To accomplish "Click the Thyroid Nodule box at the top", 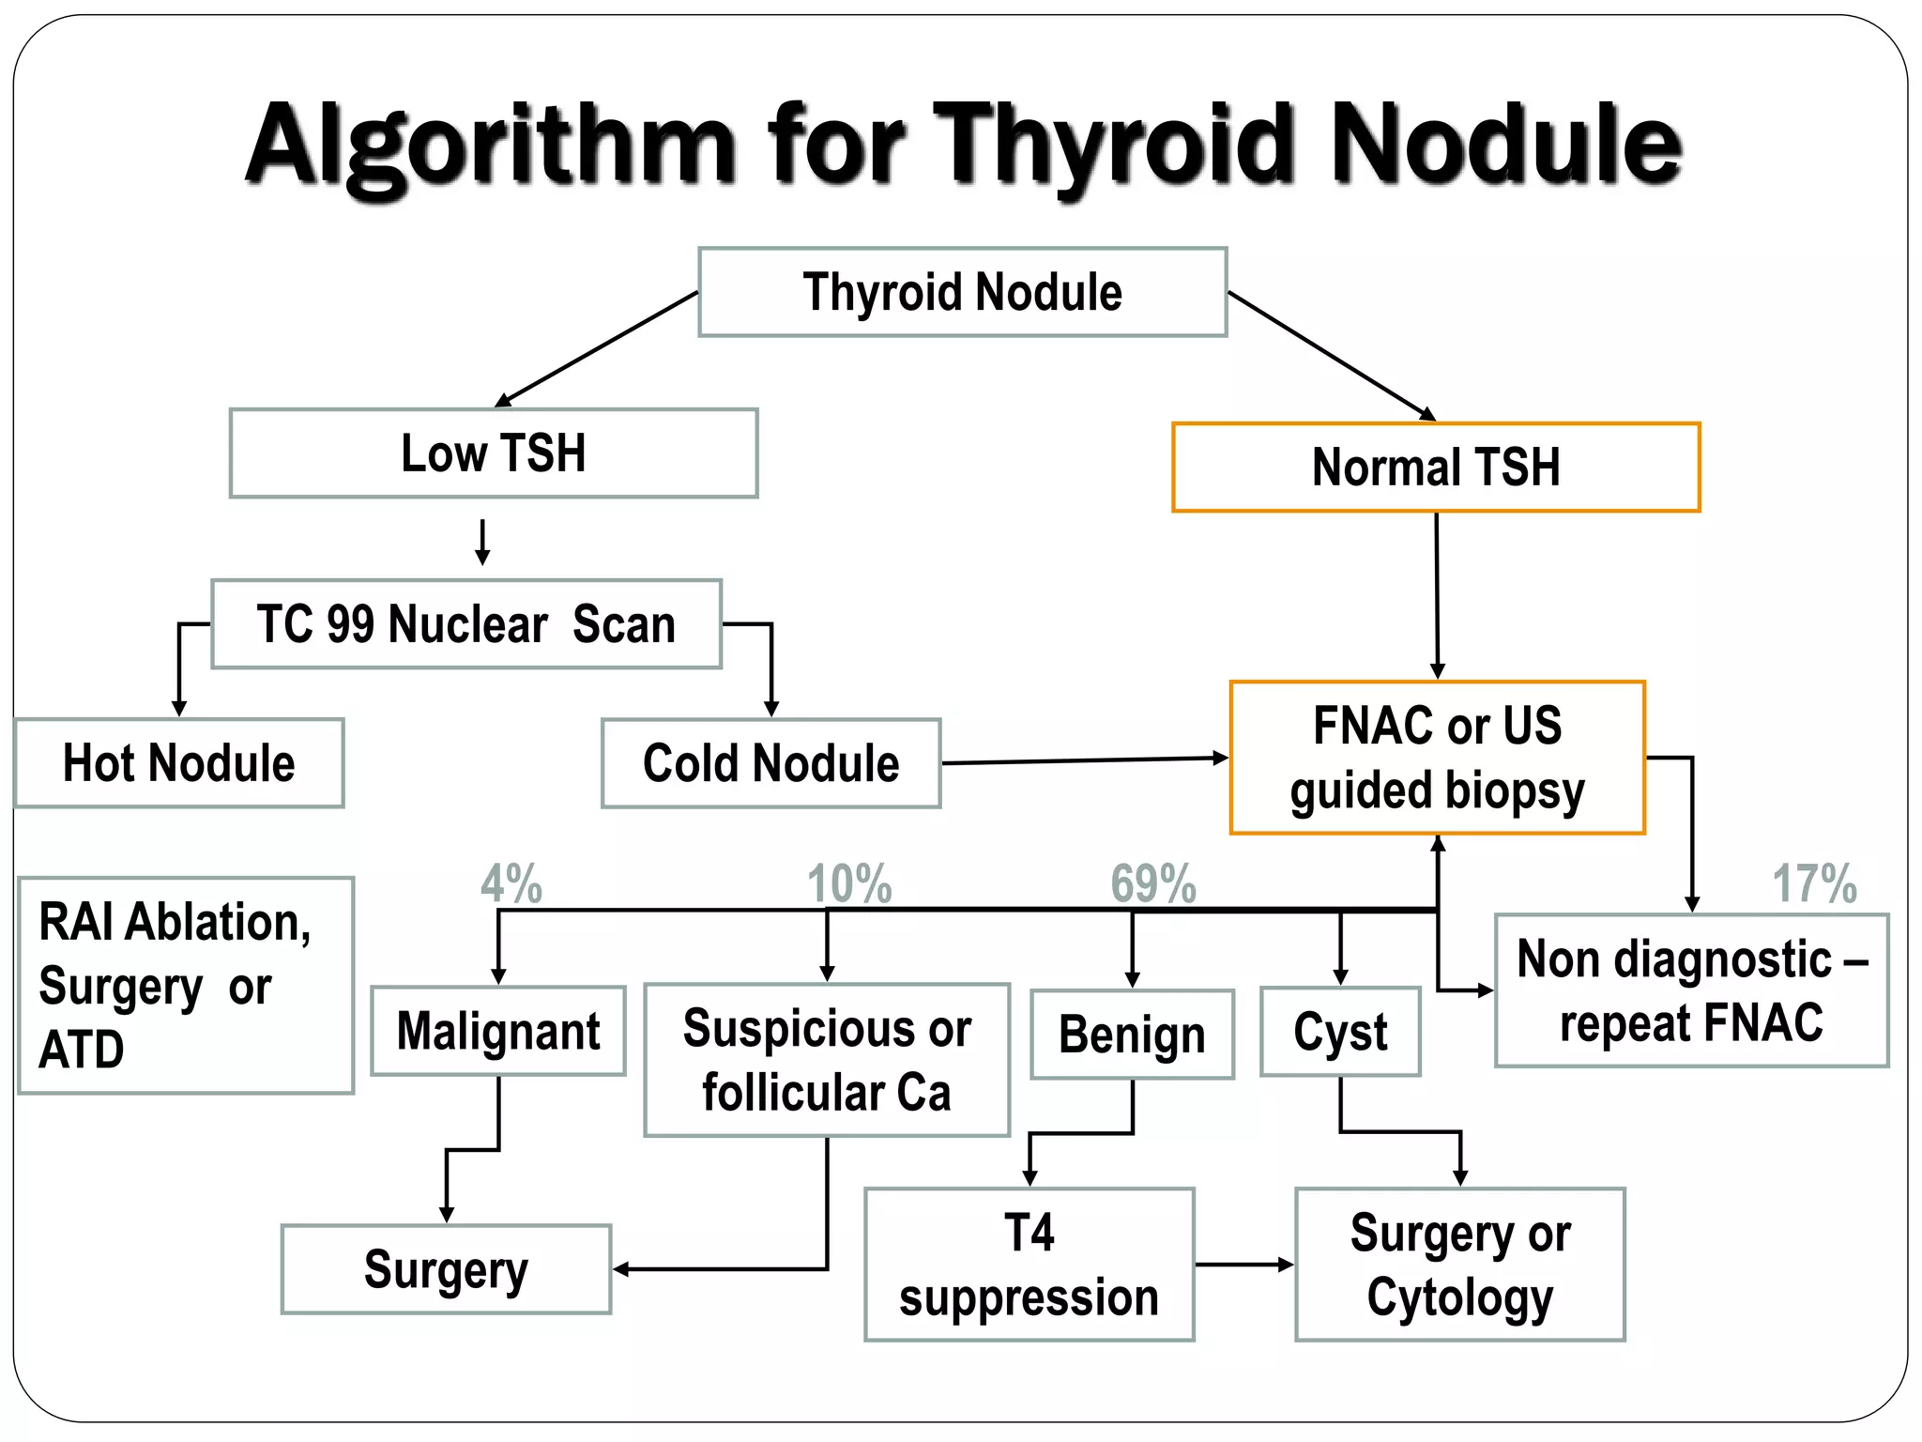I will point(962,292).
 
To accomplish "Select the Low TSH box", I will point(494,453).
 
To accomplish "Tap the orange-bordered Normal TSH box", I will point(1436,468).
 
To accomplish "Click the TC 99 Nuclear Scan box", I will point(466,624).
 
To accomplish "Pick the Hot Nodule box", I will point(179,763).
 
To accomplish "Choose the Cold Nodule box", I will point(770,763).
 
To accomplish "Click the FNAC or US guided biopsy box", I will point(1437,758).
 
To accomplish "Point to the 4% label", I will point(511,883).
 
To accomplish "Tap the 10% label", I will point(849,883).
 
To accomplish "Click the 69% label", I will point(1153,883).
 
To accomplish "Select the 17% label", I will point(1814,883).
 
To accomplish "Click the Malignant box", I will point(498,1031).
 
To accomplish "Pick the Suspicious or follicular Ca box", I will point(827,1060).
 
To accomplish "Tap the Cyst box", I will point(1340,1032).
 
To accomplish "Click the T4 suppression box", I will point(1029,1265).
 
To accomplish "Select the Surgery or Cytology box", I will point(1459,1265).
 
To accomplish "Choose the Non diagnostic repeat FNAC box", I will point(1691,990).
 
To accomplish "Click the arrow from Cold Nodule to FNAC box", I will point(1084,760).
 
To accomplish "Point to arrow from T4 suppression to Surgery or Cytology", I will point(1243,1265).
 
